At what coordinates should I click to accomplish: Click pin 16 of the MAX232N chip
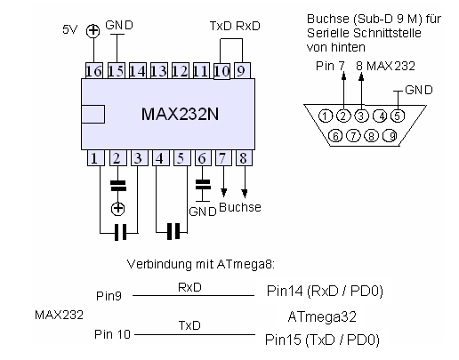(94, 71)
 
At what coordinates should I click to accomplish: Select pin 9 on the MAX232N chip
(242, 71)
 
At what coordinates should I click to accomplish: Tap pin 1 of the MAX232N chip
(96, 158)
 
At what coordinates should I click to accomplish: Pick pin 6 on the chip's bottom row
(203, 158)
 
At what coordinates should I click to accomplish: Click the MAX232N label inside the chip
(180, 114)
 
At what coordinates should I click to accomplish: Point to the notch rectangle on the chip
(93, 114)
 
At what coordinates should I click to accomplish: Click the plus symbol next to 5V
(93, 31)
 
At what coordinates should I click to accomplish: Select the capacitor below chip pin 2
(118, 186)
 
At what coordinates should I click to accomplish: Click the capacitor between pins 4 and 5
(173, 231)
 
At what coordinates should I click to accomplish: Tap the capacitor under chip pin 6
(203, 184)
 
